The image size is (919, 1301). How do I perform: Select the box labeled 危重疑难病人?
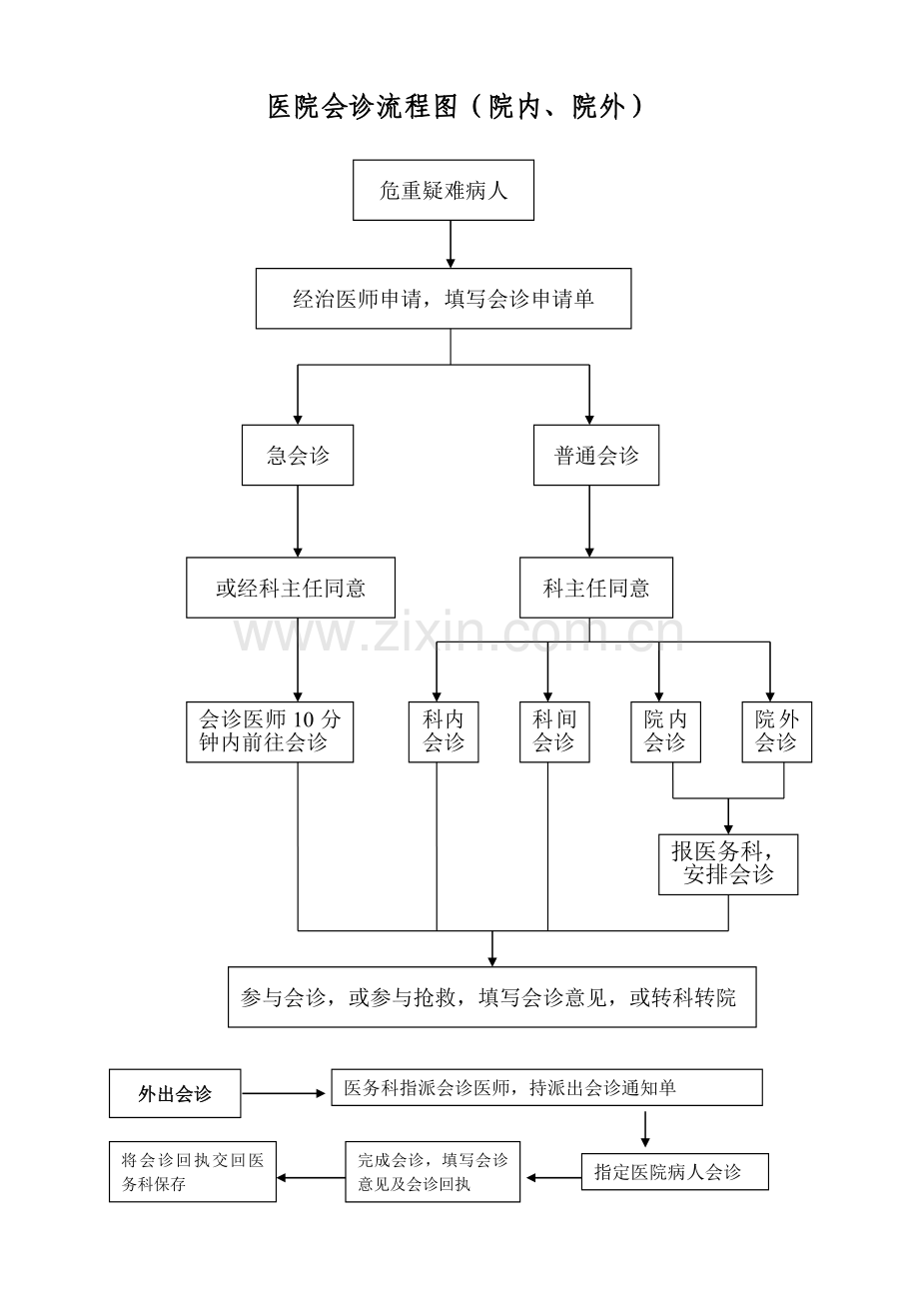[x=444, y=190]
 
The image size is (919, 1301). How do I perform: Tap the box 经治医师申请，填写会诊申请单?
[x=444, y=298]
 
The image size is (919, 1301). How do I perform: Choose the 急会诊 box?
[x=298, y=456]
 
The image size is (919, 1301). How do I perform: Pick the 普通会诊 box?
[x=595, y=456]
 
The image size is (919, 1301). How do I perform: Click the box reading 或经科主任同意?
[x=291, y=588]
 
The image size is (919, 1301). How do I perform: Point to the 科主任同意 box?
[x=595, y=588]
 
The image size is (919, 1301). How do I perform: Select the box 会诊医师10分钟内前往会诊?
[x=270, y=731]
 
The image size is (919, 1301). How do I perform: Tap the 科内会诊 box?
[x=444, y=731]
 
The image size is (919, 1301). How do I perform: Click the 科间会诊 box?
[x=554, y=731]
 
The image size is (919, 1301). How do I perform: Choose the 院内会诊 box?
[x=665, y=731]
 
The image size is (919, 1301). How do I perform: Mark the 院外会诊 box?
[x=776, y=731]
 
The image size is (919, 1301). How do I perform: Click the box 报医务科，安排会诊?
[x=728, y=864]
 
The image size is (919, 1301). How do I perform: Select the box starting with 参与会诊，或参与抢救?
[x=491, y=996]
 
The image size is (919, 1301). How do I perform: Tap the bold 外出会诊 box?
[x=175, y=1094]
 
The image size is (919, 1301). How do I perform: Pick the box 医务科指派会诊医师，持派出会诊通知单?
[x=546, y=1087]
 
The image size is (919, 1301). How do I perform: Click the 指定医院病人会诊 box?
[x=674, y=1172]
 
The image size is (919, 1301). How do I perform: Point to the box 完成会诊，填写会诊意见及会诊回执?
[x=433, y=1172]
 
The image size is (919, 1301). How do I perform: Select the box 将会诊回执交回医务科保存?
[x=192, y=1172]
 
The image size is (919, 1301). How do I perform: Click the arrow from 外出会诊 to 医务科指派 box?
[x=286, y=1093]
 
